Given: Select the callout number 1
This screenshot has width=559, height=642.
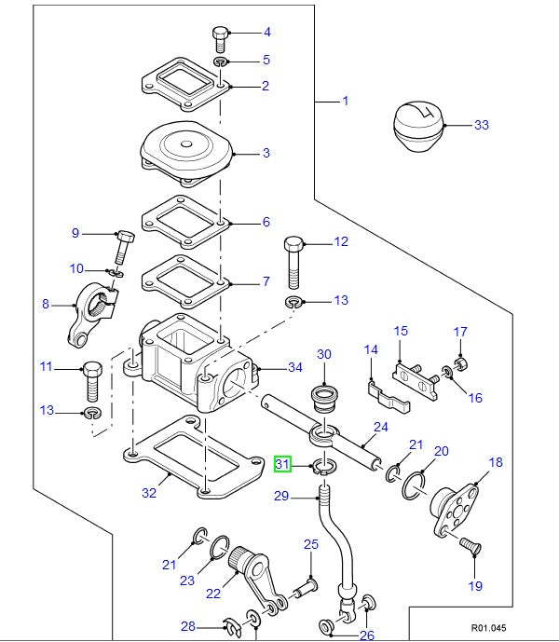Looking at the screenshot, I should [x=345, y=100].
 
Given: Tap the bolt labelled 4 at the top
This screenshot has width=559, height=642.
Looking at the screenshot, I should [x=220, y=38].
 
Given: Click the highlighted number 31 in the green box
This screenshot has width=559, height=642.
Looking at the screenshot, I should [x=283, y=463].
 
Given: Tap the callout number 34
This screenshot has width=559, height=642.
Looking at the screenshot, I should [x=295, y=367].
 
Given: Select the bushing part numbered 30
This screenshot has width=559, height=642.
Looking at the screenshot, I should [x=323, y=398].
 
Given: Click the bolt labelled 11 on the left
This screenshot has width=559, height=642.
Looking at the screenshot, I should [x=91, y=376].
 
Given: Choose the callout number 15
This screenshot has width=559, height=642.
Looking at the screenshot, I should [x=401, y=331].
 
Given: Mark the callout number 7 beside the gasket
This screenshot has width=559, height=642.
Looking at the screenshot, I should [x=266, y=280].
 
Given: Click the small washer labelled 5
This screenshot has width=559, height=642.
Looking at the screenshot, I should [x=221, y=61].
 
